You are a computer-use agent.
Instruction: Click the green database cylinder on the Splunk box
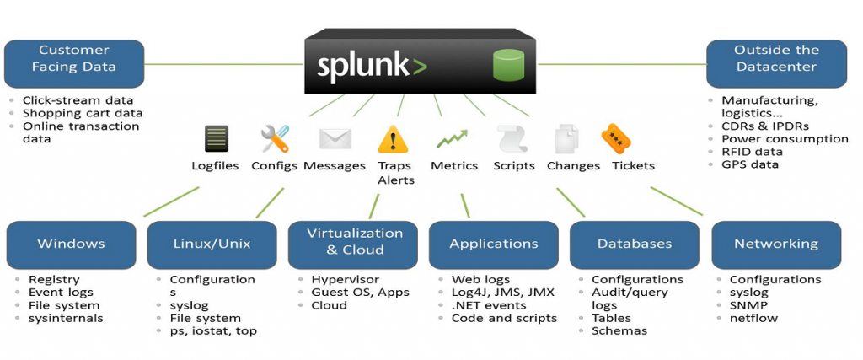pos(508,65)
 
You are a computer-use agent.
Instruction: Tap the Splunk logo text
pos(372,67)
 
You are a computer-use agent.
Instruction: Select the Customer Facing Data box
pos(74,64)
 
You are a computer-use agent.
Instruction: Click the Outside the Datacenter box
pos(776,64)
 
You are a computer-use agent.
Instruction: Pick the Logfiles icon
pos(216,138)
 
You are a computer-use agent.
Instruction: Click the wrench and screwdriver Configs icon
pos(276,138)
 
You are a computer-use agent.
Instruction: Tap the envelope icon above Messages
pos(335,139)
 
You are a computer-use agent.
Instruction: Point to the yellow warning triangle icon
pos(393,139)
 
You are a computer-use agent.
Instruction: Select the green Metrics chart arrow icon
pos(452,139)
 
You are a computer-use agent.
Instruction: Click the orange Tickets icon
pos(616,138)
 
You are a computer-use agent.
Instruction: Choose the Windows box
pos(71,245)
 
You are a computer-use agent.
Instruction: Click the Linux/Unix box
pos(212,245)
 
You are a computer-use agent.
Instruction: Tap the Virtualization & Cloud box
pos(355,245)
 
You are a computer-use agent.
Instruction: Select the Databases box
pos(635,245)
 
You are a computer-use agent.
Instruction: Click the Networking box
pos(776,245)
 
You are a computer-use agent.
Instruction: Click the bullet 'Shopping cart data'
pos(83,113)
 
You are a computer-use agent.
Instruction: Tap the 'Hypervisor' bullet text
pos(345,280)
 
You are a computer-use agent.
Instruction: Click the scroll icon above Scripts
pos(512,139)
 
